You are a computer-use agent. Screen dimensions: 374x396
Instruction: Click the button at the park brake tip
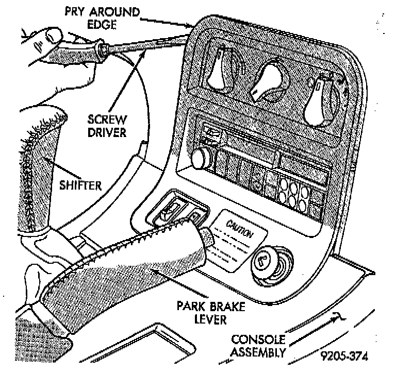tap(207, 237)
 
